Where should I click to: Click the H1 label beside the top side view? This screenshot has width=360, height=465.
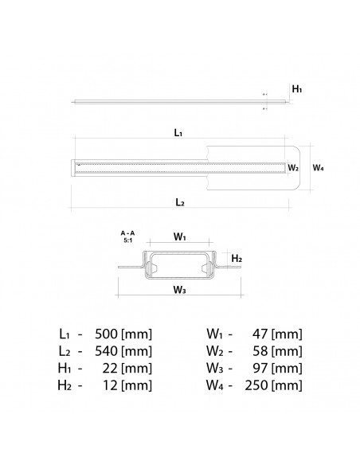click(x=297, y=90)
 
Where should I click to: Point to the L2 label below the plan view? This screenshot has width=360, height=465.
click(x=179, y=202)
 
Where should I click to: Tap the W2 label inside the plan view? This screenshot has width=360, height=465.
click(x=292, y=168)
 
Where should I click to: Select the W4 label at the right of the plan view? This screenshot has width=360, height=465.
click(x=318, y=168)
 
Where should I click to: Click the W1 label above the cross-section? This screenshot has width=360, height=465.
click(x=180, y=236)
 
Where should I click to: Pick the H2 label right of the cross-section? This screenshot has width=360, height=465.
click(x=237, y=259)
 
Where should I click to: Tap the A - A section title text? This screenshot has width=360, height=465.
click(x=127, y=232)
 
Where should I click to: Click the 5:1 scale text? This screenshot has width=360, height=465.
click(x=127, y=240)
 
